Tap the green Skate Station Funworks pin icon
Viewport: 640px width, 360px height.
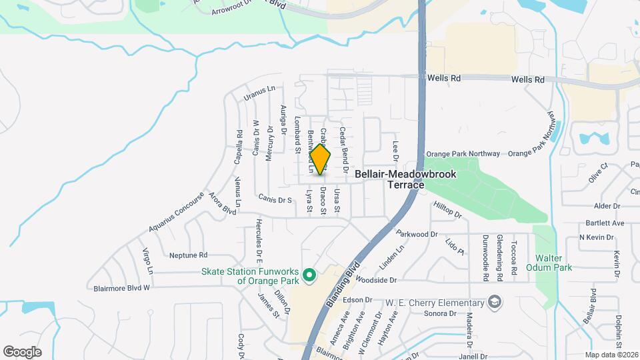coord(309,274)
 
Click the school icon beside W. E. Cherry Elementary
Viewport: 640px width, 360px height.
coord(494,301)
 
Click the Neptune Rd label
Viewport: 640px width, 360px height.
coord(189,255)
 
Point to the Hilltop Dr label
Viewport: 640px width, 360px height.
coord(448,211)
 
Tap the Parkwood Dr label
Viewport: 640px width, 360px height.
coord(416,234)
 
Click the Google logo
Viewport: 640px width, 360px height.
coord(22,351)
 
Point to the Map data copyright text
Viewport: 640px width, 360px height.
coord(612,355)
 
